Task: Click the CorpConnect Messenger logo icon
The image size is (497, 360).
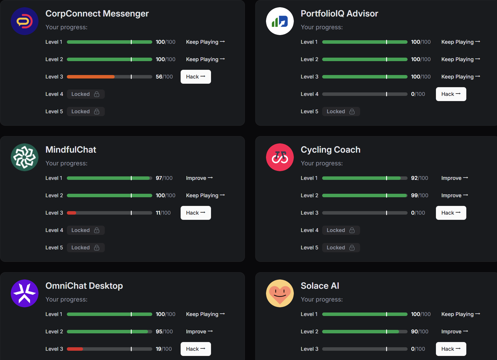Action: [x=25, y=21]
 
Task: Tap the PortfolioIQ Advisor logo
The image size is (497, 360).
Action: [x=280, y=21]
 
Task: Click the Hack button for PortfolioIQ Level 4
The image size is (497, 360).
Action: [x=451, y=94]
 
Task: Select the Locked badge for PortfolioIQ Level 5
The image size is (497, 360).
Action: [x=341, y=112]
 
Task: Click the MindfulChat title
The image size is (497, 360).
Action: [x=71, y=150]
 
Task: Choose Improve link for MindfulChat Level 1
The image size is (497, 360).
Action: [x=199, y=178]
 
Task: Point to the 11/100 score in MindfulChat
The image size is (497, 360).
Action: [x=163, y=213]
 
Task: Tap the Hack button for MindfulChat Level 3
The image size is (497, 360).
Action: [x=196, y=213]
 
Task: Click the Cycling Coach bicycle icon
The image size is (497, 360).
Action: [x=280, y=157]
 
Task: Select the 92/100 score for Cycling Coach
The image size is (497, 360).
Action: [x=420, y=178]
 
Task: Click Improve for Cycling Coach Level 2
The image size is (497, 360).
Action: [x=455, y=195]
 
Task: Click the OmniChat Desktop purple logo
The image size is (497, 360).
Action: [x=25, y=293]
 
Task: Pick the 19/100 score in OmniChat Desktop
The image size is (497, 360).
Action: [x=164, y=349]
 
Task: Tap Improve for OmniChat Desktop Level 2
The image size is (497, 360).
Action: [x=199, y=332]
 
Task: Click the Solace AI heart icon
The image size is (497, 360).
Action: [x=280, y=293]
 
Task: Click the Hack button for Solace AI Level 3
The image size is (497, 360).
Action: [x=451, y=349]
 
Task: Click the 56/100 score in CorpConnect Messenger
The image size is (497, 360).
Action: [x=164, y=77]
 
